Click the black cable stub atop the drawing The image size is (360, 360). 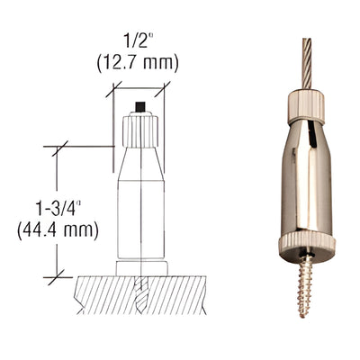pyautogui.click(x=139, y=108)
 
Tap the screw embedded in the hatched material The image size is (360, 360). pyautogui.click(x=140, y=292)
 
